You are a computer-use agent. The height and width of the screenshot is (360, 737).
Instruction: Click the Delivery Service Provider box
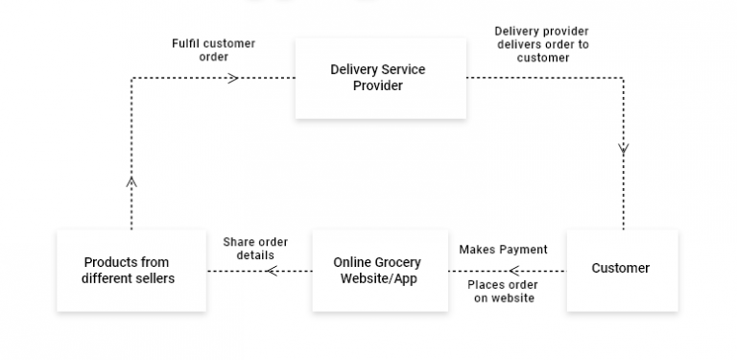[380, 78]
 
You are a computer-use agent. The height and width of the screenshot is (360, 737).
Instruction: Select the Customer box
[621, 269]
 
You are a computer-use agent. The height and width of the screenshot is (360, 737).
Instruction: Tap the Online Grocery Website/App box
[380, 270]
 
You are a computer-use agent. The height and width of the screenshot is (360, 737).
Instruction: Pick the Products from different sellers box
[131, 270]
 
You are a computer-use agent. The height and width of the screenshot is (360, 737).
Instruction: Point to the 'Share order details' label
[255, 249]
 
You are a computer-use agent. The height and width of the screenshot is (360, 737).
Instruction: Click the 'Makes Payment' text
[503, 250]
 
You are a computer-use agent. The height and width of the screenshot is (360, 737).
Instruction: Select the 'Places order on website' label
[503, 291]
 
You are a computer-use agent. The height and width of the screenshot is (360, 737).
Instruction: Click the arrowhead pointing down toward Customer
[624, 149]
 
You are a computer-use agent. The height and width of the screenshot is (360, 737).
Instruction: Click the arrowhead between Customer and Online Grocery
[514, 270]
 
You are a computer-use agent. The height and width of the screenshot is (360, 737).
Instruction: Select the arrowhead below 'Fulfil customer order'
[232, 78]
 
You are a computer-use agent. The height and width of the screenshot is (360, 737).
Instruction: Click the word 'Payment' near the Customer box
[523, 250]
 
